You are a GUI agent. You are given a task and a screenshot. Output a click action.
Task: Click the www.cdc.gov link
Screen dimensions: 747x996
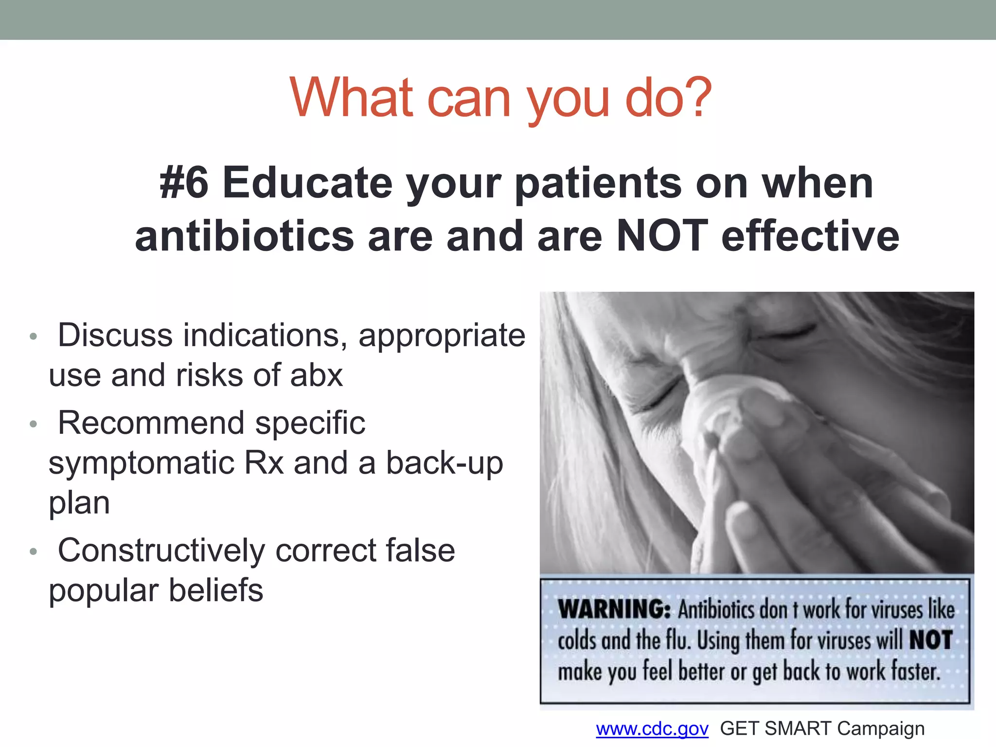(652, 729)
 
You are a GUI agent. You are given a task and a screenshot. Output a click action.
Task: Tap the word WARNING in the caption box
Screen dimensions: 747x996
(614, 609)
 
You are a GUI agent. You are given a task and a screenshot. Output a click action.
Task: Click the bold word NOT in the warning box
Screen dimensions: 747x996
(930, 640)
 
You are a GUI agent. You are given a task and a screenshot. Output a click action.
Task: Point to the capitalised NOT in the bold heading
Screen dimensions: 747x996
(662, 236)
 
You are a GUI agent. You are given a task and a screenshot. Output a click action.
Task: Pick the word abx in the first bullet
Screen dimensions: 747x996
(317, 375)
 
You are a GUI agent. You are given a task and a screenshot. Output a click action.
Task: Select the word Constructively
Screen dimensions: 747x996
(161, 551)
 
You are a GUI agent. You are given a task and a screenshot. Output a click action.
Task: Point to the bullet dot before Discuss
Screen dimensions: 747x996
(33, 337)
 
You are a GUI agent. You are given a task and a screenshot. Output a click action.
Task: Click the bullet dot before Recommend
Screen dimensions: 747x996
(33, 424)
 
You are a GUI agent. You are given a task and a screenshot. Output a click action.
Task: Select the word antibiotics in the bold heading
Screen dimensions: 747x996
(244, 236)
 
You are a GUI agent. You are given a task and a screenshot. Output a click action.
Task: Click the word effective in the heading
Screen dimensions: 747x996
(810, 236)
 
